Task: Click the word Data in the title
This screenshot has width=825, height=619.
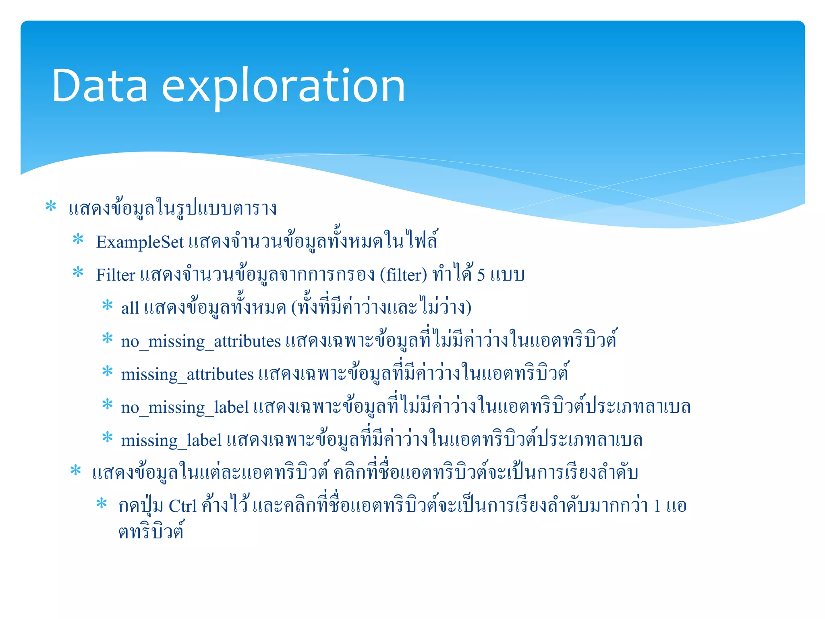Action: tap(99, 86)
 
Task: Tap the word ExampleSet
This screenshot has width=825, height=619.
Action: tap(140, 242)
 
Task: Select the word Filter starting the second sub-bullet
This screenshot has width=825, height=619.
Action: tap(116, 275)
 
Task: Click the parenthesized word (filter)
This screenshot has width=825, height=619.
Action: tap(403, 275)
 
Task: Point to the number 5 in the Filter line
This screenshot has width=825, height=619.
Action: tap(481, 275)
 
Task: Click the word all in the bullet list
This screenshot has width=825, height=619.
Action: tap(130, 308)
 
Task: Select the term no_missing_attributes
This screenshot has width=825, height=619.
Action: tap(201, 341)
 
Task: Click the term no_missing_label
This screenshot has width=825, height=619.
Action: tap(185, 407)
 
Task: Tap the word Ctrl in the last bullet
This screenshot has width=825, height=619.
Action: tap(182, 506)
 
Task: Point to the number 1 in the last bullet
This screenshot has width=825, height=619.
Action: tap(657, 506)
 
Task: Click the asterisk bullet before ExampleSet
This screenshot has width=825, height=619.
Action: tap(78, 240)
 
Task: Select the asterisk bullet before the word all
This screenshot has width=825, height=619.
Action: tap(108, 305)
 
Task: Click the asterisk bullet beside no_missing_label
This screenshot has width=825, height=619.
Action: tap(108, 404)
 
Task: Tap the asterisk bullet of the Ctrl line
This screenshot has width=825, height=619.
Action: tap(102, 504)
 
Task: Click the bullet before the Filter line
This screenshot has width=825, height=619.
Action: tap(78, 273)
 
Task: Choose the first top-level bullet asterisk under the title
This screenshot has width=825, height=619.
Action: tap(51, 206)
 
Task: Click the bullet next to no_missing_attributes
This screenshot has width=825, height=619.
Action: tap(108, 339)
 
